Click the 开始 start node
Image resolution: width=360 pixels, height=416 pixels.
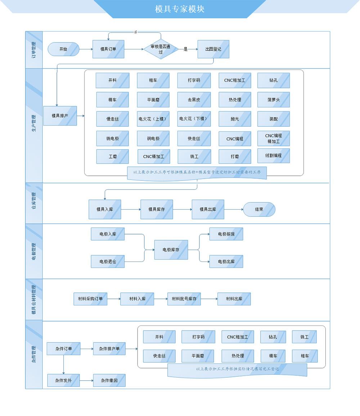63,49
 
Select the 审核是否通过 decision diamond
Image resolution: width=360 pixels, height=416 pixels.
161,49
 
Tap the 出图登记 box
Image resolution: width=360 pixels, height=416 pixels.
213,49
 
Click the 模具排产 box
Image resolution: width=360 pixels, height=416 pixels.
60,116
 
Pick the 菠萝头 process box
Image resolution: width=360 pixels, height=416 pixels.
273,100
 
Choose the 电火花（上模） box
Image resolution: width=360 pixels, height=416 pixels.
153,119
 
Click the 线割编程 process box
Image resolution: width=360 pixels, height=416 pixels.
273,156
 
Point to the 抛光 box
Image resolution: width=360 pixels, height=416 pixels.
235,119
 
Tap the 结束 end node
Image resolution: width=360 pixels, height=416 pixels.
259,209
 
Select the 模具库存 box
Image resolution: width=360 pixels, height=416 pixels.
157,209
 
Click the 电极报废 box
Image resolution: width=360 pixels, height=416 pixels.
226,234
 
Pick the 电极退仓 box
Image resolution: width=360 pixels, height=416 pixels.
108,261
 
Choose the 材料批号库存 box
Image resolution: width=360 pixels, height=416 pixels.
184,299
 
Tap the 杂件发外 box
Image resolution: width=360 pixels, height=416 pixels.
63,380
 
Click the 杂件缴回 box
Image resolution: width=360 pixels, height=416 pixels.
109,380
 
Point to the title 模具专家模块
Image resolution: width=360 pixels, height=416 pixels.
180,9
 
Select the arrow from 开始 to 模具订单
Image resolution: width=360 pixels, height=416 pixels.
86,49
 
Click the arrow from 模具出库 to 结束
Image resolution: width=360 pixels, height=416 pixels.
234,209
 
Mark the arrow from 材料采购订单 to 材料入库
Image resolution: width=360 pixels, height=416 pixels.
113,299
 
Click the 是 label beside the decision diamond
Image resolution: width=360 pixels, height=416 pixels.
186,49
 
